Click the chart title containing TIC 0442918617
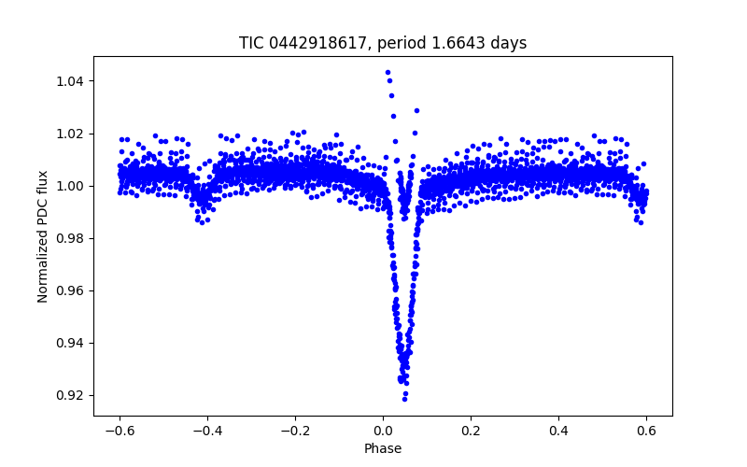pyautogui.click(x=383, y=43)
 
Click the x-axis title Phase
pyautogui.click(x=383, y=448)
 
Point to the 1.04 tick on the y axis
pyautogui.click(x=69, y=81)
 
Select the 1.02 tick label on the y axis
pyautogui.click(x=69, y=134)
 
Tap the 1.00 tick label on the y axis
pyautogui.click(x=69, y=186)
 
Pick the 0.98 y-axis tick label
pyautogui.click(x=69, y=238)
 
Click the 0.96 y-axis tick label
pyautogui.click(x=69, y=290)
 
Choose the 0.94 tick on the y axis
pyautogui.click(x=69, y=343)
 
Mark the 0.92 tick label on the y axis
pyautogui.click(x=69, y=395)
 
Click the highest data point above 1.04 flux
pyautogui.click(x=388, y=72)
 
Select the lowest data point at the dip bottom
pyautogui.click(x=404, y=399)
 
